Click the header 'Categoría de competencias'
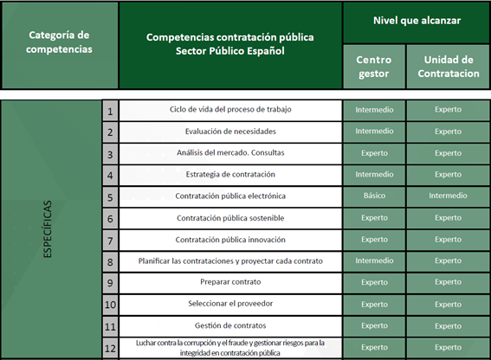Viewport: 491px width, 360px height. click(60, 42)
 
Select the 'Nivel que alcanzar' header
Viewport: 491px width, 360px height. click(417, 20)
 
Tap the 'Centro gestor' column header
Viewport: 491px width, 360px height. click(374, 67)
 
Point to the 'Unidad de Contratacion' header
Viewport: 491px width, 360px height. click(448, 67)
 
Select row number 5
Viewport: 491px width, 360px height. click(110, 196)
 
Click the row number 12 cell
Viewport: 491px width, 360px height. click(110, 348)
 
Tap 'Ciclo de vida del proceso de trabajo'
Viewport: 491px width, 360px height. click(230, 110)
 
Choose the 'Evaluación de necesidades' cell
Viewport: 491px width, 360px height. click(230, 132)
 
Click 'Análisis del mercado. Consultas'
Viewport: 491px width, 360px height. click(230, 153)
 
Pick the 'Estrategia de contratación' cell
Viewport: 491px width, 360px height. click(230, 175)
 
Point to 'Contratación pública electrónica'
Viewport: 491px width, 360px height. click(230, 196)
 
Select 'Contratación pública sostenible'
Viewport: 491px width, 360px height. click(230, 218)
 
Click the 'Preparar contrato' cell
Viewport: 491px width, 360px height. click(230, 283)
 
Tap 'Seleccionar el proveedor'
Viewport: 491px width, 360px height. click(230, 305)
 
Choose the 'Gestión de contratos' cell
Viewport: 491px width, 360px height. click(230, 326)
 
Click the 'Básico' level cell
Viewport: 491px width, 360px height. click(374, 196)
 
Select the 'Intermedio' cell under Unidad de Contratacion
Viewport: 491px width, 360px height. click(448, 196)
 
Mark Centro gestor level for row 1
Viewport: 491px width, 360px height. click(374, 110)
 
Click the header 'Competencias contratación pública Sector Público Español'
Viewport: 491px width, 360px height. click(230, 43)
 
